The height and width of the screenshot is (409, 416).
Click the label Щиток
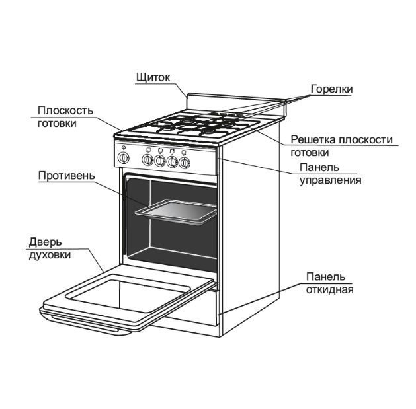pos(153,77)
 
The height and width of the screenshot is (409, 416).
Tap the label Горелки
pos(331,89)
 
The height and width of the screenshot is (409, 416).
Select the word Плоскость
pos(65,110)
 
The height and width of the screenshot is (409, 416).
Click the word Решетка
pos(313,139)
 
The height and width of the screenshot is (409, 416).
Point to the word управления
pos(330,180)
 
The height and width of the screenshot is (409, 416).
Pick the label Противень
pos(66,176)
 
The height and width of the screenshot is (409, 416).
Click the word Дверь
pos(46,242)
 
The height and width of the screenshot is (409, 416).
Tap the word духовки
pos(50,255)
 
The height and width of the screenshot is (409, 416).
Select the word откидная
pos(329,289)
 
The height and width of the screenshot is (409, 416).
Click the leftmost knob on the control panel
pos(124,158)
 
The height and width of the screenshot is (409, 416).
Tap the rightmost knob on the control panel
pos(184,163)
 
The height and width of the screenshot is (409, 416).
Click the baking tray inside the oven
pos(176,211)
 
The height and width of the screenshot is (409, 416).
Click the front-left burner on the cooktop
pos(167,128)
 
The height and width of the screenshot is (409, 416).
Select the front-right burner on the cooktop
pos(208,131)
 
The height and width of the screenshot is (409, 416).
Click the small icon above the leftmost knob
pos(124,147)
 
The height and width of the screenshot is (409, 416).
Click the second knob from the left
pos(147,160)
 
